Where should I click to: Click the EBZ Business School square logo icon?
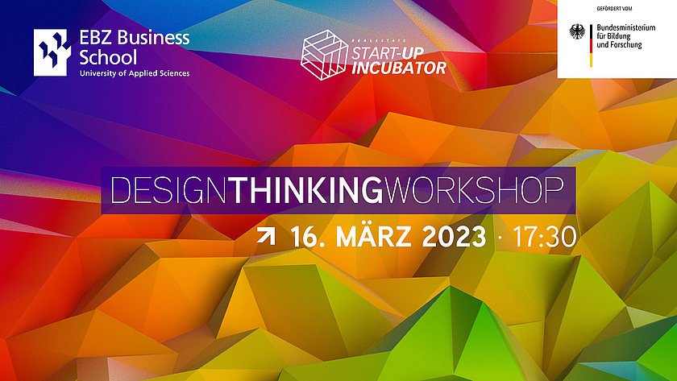point(52,52)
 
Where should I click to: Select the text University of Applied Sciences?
point(135,73)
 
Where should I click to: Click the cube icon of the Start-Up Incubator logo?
point(324,55)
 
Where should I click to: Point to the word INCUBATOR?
point(398,68)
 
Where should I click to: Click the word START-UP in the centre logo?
point(388,53)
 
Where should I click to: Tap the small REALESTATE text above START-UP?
point(379,40)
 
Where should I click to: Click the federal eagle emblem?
point(577,31)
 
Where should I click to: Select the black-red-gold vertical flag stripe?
point(591,45)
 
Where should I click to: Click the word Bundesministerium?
point(626,27)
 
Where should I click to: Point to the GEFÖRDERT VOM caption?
point(614,9)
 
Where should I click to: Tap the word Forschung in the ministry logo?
point(625,45)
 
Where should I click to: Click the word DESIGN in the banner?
point(168,190)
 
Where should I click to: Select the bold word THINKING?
point(305,190)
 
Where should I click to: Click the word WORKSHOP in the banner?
point(474,190)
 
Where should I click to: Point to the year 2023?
point(454,237)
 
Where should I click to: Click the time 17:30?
point(545,237)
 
